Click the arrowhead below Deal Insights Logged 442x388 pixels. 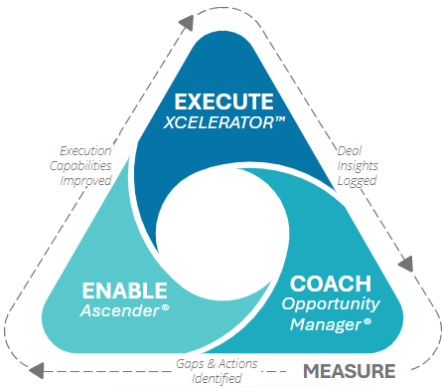point(404,266)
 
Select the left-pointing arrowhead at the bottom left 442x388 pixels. point(35,369)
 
